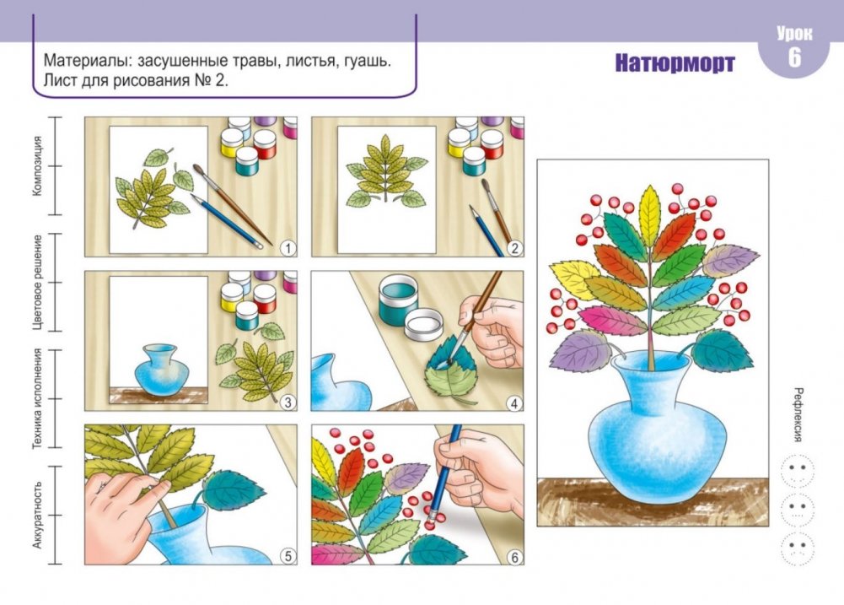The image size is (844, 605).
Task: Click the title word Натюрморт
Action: (x=675, y=63)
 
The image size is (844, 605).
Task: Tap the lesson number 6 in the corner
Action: (x=794, y=57)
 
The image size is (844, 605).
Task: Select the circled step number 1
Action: (x=288, y=248)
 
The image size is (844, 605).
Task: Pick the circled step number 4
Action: (x=514, y=403)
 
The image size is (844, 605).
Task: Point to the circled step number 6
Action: (x=514, y=557)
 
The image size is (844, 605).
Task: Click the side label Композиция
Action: (x=36, y=165)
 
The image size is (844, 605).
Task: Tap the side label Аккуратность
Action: (x=36, y=515)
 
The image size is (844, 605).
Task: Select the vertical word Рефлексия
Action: (x=798, y=414)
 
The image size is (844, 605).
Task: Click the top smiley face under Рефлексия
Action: (x=797, y=471)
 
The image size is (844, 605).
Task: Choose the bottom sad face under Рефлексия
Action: (x=797, y=548)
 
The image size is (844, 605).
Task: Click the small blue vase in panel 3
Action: (x=161, y=369)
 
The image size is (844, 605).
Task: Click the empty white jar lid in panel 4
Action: (x=423, y=325)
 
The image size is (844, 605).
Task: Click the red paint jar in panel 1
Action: (x=265, y=143)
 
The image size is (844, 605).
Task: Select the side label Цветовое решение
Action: (x=36, y=282)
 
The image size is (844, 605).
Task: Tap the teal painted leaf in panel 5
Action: (x=233, y=489)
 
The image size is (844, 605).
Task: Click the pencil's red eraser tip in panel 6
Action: (x=430, y=525)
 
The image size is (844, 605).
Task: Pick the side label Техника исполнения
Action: (x=36, y=398)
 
